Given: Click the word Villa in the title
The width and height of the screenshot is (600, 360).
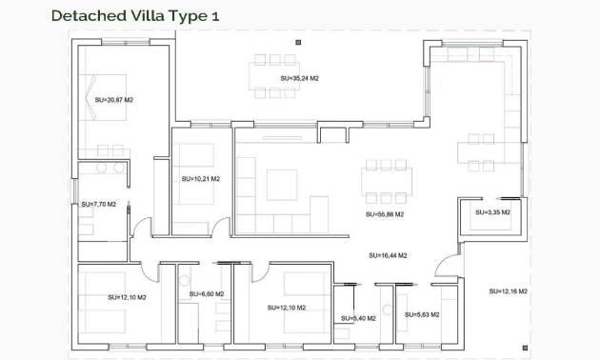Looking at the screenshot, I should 149,15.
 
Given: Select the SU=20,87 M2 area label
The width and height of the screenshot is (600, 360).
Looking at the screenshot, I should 114,98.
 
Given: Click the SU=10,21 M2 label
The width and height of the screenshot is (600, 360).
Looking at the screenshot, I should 200,178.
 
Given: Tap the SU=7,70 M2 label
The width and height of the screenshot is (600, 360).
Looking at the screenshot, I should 98,204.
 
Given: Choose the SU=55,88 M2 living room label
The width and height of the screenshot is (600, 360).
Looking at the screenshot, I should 386,215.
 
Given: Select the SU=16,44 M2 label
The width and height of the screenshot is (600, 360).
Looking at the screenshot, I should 388,255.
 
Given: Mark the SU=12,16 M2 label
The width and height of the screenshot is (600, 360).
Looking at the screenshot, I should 509,290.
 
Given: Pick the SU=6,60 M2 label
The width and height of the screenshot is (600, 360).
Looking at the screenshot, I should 206,293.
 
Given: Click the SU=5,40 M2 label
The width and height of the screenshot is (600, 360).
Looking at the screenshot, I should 358,318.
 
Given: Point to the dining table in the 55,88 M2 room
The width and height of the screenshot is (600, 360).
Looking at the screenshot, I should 389,180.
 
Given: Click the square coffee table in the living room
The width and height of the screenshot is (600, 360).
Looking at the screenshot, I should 283,184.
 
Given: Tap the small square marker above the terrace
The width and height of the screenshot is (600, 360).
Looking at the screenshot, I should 298,41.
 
